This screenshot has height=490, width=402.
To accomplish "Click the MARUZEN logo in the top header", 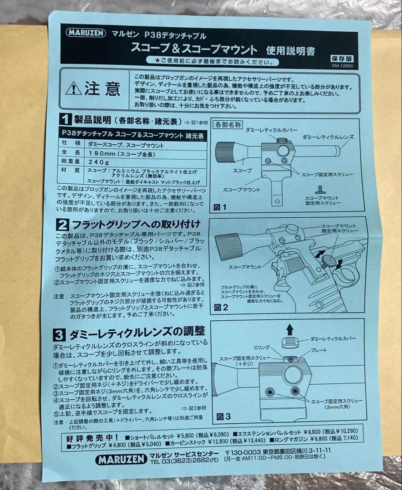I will coord(86,33).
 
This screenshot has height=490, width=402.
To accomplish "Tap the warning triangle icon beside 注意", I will coord(73,88).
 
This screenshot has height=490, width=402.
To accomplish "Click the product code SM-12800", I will coord(343,66).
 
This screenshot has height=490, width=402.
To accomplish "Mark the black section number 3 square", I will coord(60,335).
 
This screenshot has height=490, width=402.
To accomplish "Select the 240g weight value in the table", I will coord(97,162).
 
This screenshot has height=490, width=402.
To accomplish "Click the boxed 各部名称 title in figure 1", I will coord(228,124).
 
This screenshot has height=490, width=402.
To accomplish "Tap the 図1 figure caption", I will coord(220,207).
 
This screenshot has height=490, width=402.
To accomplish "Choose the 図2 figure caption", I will coord(221,308).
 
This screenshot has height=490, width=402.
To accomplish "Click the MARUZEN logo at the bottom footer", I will coord(121,460).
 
